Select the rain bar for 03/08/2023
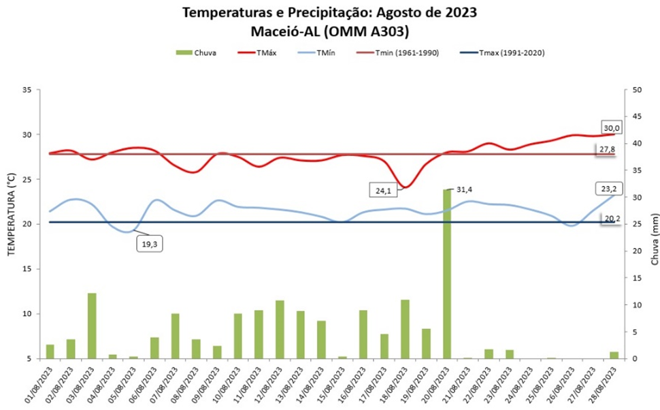tap(91, 326)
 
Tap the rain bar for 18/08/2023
tap(405, 329)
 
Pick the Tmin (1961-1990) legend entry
tap(402, 52)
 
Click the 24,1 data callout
tap(383, 191)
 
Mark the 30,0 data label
tap(611, 127)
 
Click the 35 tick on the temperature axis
tap(27, 90)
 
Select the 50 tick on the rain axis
tap(637, 90)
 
